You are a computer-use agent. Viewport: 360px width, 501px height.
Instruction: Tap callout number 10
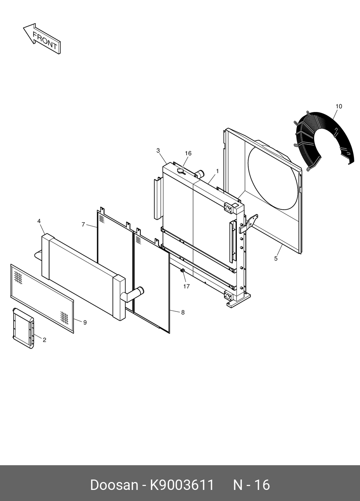click(339, 106)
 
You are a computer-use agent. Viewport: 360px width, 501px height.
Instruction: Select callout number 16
click(188, 154)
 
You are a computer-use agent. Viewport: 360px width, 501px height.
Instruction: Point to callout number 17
click(186, 286)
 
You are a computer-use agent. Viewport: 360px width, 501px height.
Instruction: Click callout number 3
click(158, 151)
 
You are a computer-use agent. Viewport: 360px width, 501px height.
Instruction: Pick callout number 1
click(217, 171)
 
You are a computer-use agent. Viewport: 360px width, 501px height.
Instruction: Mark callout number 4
click(39, 221)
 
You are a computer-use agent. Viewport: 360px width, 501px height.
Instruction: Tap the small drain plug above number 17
click(183, 271)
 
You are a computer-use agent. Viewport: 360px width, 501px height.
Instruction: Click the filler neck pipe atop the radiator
click(199, 174)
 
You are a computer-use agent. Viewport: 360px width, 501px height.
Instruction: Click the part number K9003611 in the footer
click(182, 485)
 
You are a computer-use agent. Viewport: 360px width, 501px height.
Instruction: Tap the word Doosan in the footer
click(114, 485)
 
